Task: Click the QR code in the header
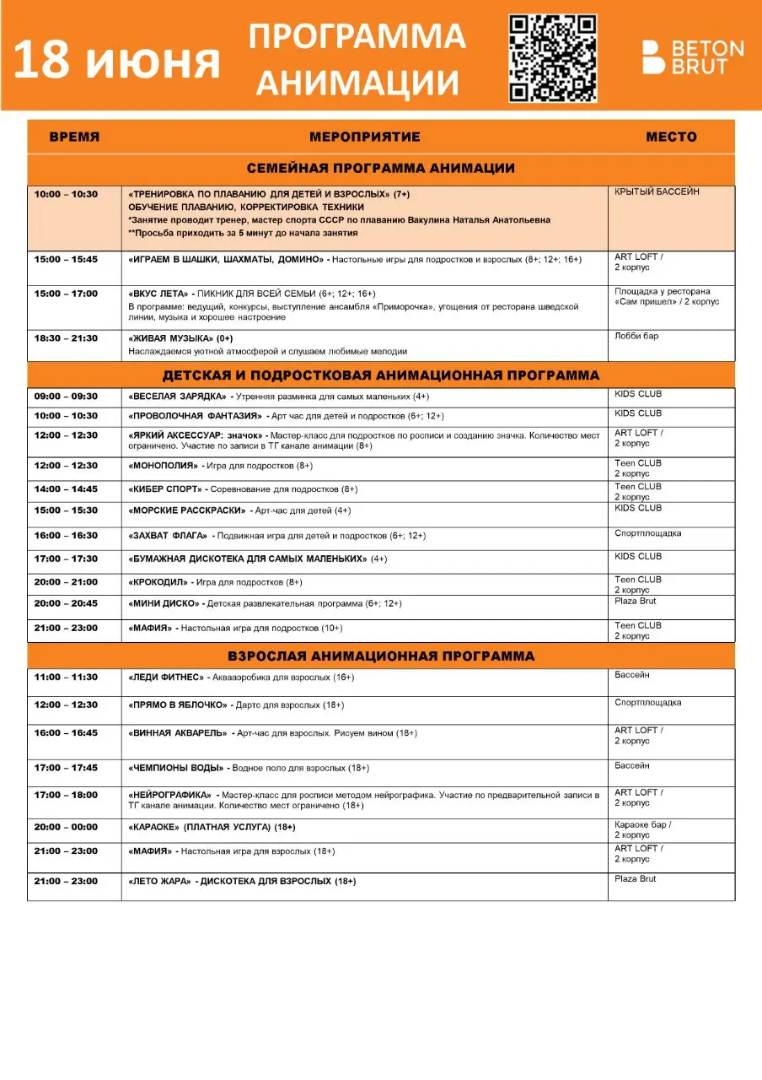tap(553, 58)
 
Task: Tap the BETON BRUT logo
tap(693, 57)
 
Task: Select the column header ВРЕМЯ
tap(74, 137)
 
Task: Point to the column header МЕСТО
tap(671, 137)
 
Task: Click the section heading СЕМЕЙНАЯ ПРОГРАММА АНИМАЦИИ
tap(380, 168)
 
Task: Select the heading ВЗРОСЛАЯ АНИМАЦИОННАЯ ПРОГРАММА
tap(380, 656)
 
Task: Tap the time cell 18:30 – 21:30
tap(66, 338)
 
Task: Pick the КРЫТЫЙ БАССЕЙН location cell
tap(657, 192)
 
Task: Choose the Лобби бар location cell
tap(636, 337)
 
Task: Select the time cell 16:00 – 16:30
tap(66, 536)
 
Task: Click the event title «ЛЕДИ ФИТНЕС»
tap(166, 678)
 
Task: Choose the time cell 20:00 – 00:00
tap(66, 828)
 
